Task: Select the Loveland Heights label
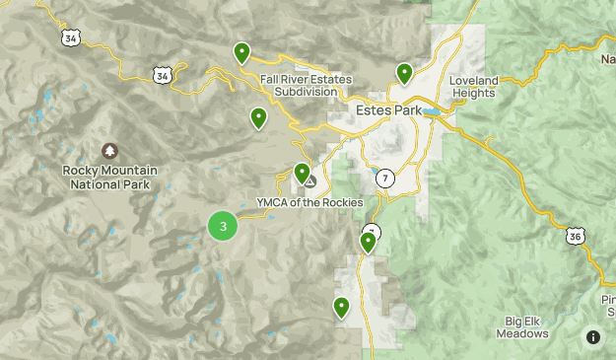[473, 86]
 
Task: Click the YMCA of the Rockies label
[309, 202]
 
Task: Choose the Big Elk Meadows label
[513, 327]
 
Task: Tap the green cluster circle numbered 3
[223, 226]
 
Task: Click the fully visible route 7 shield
[384, 178]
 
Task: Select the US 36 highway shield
[577, 236]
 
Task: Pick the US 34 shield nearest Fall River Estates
[163, 74]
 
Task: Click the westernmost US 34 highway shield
[69, 37]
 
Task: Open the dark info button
[592, 337]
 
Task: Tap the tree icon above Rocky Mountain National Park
[109, 151]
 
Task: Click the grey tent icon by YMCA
[310, 181]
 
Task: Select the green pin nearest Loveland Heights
[404, 72]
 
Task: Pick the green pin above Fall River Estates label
[241, 52]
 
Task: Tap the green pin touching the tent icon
[303, 173]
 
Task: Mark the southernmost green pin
[342, 307]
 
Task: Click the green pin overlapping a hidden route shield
[369, 241]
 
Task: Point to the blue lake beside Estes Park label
[432, 112]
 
